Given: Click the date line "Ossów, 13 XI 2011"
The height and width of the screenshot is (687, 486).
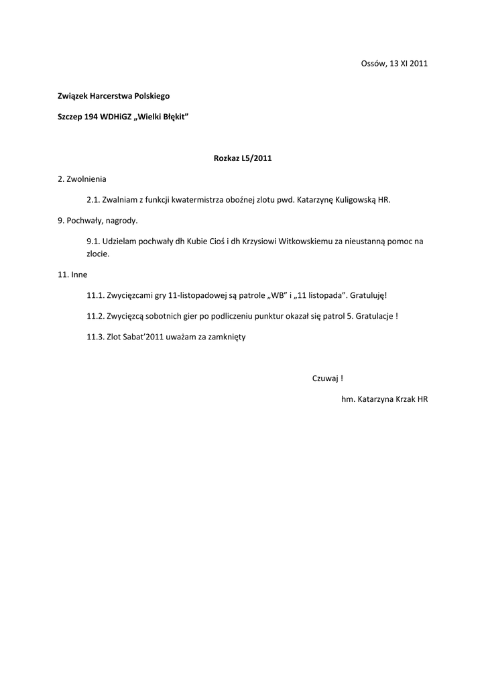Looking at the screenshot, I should click(x=394, y=63).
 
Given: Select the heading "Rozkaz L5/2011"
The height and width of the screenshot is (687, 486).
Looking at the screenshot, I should click(x=243, y=159).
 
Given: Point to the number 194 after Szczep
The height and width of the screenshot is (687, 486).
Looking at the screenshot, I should click(x=91, y=117).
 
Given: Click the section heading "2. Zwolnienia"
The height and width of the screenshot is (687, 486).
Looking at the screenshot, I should click(x=82, y=179).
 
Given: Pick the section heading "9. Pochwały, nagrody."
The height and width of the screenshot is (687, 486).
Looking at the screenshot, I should click(x=98, y=220).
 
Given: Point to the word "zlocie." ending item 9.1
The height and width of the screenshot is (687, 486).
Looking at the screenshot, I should click(x=98, y=254).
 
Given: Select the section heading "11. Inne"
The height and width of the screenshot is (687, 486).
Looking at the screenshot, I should click(x=72, y=274).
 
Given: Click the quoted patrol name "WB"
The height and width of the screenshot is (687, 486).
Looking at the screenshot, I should click(x=278, y=295).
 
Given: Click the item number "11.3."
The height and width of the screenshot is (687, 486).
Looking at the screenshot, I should click(x=95, y=337).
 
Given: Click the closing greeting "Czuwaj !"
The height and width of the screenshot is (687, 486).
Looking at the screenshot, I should click(x=328, y=378).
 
